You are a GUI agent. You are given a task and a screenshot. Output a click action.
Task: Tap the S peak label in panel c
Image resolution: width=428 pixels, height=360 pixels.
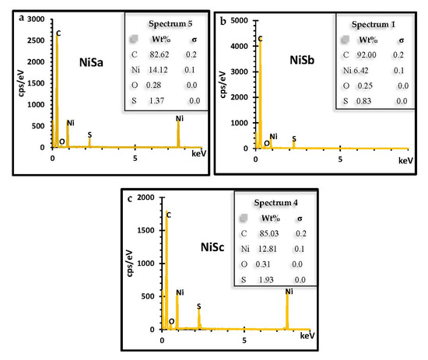pos(198,306)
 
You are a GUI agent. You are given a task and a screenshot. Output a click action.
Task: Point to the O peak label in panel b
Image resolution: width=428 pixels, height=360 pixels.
pos(266,144)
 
